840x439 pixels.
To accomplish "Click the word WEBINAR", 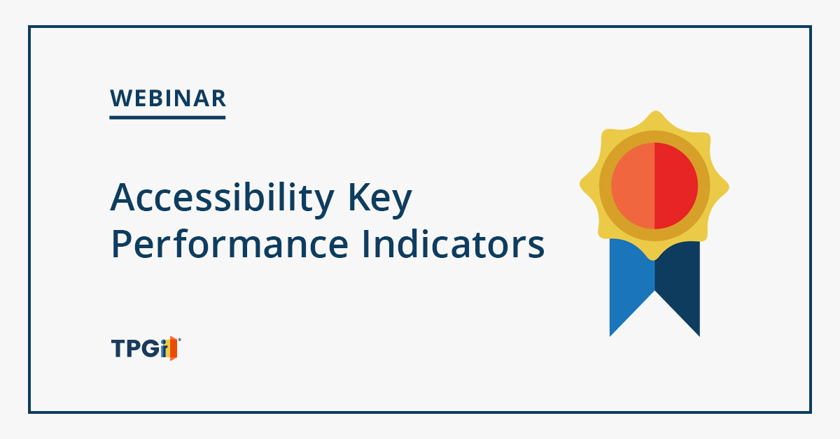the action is (x=168, y=99).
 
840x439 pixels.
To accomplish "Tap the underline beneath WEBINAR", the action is (x=167, y=117).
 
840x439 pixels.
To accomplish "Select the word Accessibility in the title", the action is (x=223, y=199).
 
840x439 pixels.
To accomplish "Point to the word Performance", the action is (x=230, y=244).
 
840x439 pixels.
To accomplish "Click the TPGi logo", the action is (x=146, y=348).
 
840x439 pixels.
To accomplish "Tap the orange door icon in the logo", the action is (x=174, y=348).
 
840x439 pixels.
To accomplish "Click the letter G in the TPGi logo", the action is (x=150, y=348).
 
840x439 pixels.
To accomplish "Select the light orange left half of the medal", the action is (x=633, y=186).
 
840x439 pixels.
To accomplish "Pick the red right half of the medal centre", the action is (x=675, y=186).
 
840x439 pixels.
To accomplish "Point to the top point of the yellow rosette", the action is (x=655, y=111).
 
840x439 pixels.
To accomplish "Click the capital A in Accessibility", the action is (x=122, y=198).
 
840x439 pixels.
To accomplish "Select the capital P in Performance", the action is (x=120, y=244).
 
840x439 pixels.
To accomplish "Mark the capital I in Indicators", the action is (x=365, y=244).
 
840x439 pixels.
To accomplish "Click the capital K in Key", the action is (x=359, y=197).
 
